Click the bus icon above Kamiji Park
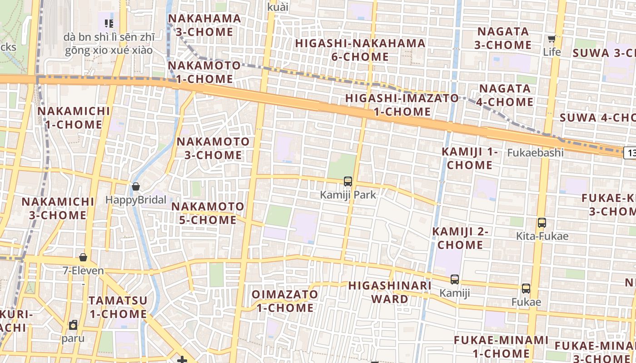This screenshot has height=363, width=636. (348, 181)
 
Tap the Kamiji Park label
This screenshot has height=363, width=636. (348, 195)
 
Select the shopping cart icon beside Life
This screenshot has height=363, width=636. (552, 39)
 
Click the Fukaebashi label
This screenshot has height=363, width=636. (535, 152)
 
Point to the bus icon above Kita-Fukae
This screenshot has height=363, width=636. (542, 223)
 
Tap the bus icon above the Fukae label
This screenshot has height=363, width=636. (526, 289)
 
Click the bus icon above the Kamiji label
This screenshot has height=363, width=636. (455, 280)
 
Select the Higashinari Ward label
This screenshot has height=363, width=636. (390, 292)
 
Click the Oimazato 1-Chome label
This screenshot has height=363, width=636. (285, 301)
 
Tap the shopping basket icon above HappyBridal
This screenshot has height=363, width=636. (135, 186)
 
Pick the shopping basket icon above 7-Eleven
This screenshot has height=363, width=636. (83, 257)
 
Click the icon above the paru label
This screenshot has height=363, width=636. (73, 325)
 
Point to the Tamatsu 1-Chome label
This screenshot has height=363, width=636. (118, 307)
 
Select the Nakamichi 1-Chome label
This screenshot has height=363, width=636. (74, 118)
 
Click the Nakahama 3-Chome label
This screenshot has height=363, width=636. (204, 25)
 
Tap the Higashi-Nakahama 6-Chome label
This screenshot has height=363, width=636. (360, 50)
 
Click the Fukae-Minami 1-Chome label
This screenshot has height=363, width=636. (501, 347)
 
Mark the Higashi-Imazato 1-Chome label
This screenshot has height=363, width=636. (402, 104)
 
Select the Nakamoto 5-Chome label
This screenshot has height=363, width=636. (208, 213)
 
